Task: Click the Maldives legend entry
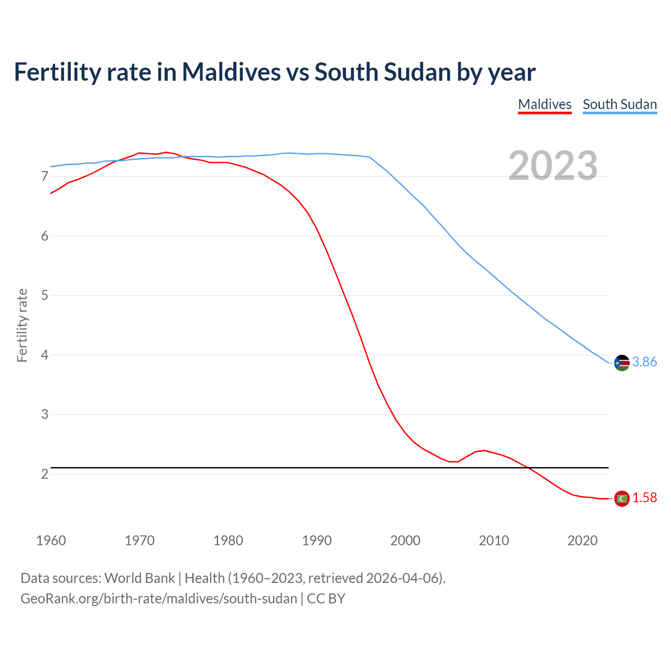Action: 545,104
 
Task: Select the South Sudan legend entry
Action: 620,104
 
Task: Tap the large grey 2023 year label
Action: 553,166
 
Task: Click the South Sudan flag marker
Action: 622,362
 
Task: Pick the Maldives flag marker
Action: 622,498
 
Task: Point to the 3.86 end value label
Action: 644,362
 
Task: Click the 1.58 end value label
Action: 644,498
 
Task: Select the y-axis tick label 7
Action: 45,177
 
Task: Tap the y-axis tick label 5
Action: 45,296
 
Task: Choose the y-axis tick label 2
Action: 45,474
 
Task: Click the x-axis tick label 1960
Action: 51,540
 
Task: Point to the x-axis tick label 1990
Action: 317,540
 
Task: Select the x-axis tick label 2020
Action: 582,540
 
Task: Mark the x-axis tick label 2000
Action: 405,540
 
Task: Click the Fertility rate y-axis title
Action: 22,325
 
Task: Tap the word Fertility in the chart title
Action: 57,72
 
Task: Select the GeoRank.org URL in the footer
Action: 158,599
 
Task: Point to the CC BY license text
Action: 326,599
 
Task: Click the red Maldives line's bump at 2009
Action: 484,450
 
